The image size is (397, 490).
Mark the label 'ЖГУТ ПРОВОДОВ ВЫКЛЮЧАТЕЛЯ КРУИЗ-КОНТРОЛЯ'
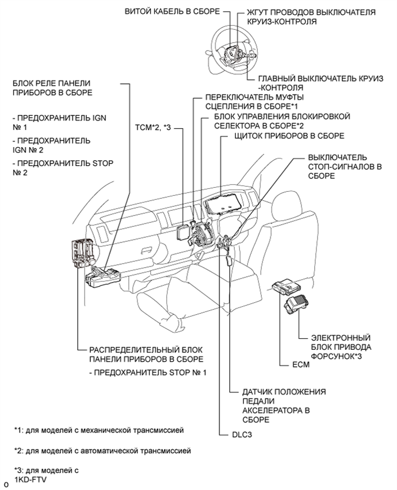(319, 17)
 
